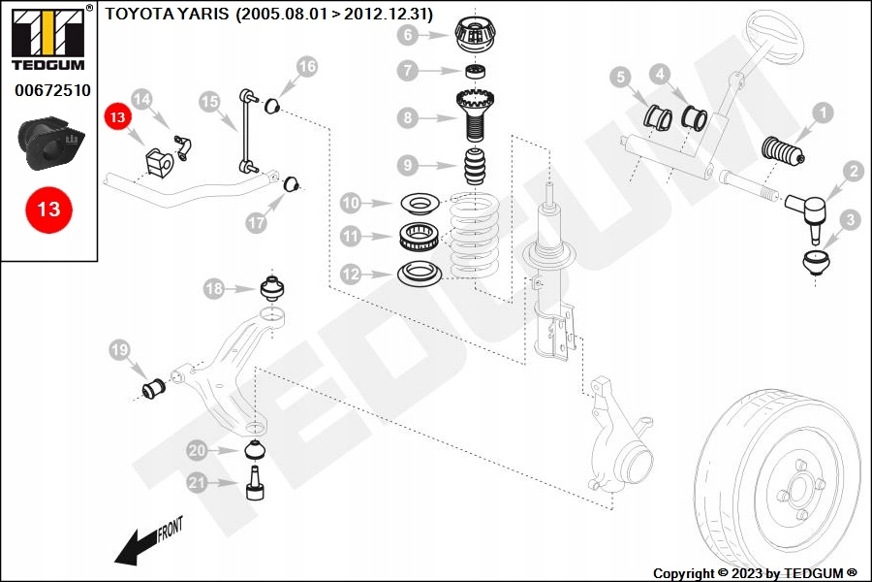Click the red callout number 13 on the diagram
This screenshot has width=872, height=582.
117,117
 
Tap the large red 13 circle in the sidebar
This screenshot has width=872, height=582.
48,209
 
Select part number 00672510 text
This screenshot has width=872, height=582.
52,90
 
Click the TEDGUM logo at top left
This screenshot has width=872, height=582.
48,38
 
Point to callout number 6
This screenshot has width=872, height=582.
408,36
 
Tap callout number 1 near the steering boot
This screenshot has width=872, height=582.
823,113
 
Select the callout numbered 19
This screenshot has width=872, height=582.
119,349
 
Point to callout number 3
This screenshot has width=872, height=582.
850,220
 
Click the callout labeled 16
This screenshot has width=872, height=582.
306,67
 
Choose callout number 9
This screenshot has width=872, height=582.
408,165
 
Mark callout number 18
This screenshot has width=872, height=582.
214,288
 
